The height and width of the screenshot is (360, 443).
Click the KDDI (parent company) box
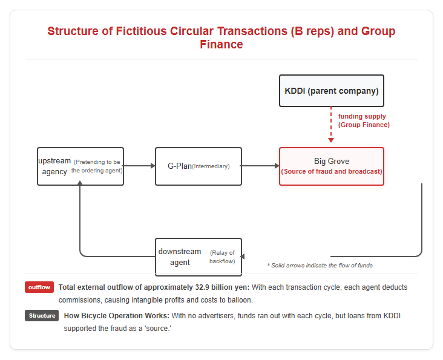pos(332,91)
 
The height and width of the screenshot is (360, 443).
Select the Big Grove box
pos(332,166)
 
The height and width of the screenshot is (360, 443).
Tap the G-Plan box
pos(199,166)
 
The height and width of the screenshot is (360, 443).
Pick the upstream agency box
pos(80,166)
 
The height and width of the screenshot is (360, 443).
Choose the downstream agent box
pos(199,257)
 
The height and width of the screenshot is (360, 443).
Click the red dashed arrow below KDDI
pos(331,124)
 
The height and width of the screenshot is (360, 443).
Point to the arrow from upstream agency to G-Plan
pos(140,166)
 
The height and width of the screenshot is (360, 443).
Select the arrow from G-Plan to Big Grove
pos(260,166)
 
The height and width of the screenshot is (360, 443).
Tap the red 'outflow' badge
pos(39,287)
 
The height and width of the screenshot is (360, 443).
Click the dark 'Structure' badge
pos(42,316)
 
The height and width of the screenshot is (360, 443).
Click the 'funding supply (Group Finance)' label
pos(364,120)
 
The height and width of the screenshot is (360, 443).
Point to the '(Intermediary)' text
pos(211,166)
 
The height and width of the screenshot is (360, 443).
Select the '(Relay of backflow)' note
pos(222,257)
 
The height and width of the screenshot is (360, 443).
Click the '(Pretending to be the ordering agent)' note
pos(97,166)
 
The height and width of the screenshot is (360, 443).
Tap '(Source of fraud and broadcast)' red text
pos(332,171)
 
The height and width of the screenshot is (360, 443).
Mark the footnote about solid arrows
pos(320,266)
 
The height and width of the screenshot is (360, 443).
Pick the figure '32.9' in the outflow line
pos(202,287)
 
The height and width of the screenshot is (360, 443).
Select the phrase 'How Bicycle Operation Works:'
pos(116,316)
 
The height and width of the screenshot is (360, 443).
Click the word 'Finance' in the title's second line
pos(221,44)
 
